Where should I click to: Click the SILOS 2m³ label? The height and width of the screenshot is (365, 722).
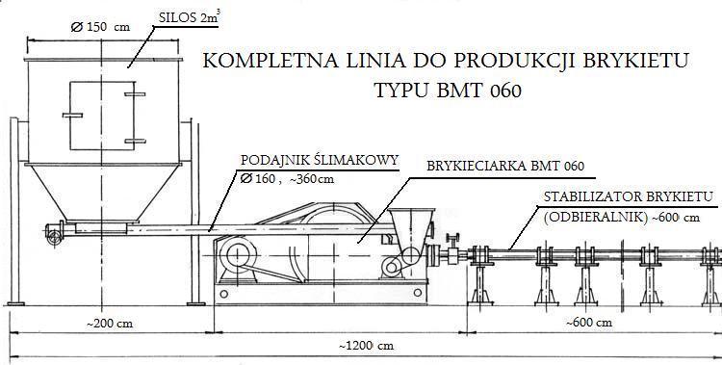[x=188, y=18]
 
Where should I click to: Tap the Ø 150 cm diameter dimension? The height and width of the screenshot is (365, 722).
[x=100, y=27]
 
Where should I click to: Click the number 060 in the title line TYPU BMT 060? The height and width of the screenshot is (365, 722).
[x=505, y=91]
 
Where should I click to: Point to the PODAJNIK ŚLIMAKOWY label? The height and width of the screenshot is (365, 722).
[x=320, y=161]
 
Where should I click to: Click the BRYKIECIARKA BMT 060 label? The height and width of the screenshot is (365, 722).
[x=505, y=166]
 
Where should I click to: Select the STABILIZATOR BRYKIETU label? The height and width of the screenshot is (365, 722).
[x=629, y=196]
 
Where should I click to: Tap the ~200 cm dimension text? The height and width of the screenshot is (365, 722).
[x=110, y=324]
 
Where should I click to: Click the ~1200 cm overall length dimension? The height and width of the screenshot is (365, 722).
[x=367, y=346]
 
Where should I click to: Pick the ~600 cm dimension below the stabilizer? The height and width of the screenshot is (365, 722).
[x=589, y=322]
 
